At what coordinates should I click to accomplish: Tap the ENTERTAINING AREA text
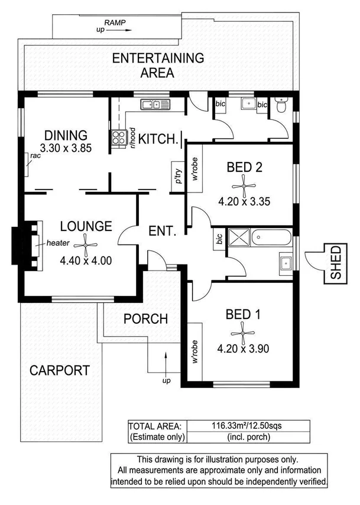158,66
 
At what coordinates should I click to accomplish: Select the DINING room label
66,135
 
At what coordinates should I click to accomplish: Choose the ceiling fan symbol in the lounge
86,242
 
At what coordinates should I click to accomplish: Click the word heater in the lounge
55,243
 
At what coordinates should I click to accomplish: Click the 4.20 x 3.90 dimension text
244,348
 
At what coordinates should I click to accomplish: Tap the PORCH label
145,318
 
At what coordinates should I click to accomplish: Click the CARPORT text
60,371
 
